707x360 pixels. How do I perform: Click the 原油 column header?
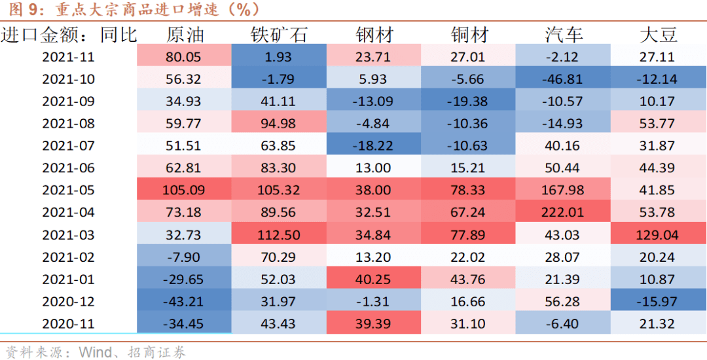[185, 35]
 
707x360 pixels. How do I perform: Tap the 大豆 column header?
[658, 35]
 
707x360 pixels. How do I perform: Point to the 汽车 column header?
[563, 35]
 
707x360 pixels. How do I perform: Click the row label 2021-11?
[69, 57]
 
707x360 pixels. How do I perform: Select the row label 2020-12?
[69, 302]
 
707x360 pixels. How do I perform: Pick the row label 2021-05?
[69, 190]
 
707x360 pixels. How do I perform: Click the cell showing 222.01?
[562, 213]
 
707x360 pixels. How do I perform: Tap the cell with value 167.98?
[562, 190]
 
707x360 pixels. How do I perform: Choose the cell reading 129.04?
[657, 235]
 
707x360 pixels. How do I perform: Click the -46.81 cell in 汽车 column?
[562, 79]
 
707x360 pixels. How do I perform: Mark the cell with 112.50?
[279, 235]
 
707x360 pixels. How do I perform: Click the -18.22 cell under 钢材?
[373, 146]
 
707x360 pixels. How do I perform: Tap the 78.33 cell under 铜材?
[467, 190]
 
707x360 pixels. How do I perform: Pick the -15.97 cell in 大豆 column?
[657, 302]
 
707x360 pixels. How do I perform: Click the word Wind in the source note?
[94, 352]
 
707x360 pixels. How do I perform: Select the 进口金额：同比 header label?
[69, 35]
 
